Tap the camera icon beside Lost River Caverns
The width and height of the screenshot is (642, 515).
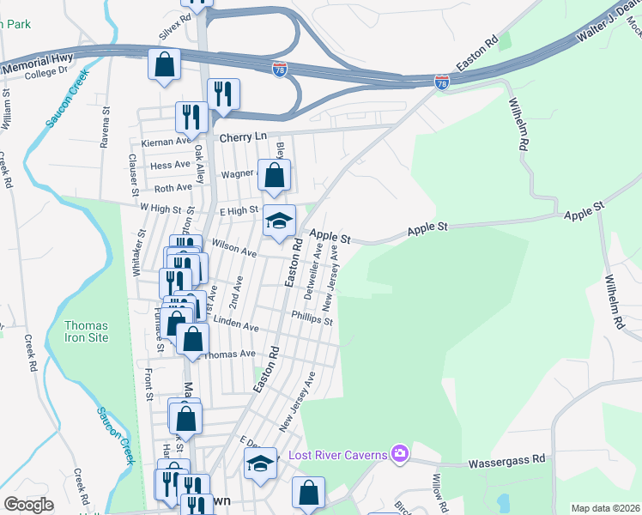(x=398, y=453)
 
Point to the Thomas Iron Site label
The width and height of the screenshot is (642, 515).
(x=87, y=331)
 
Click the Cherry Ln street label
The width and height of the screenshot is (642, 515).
(x=243, y=137)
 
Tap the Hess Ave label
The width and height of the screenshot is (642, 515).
(x=170, y=165)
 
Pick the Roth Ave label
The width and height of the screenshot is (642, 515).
(x=173, y=187)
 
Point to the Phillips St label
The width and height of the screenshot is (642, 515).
(x=312, y=319)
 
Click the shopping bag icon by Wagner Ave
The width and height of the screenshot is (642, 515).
(x=274, y=177)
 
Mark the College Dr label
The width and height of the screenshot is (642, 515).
(x=45, y=72)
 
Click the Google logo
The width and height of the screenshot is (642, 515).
(x=28, y=505)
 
